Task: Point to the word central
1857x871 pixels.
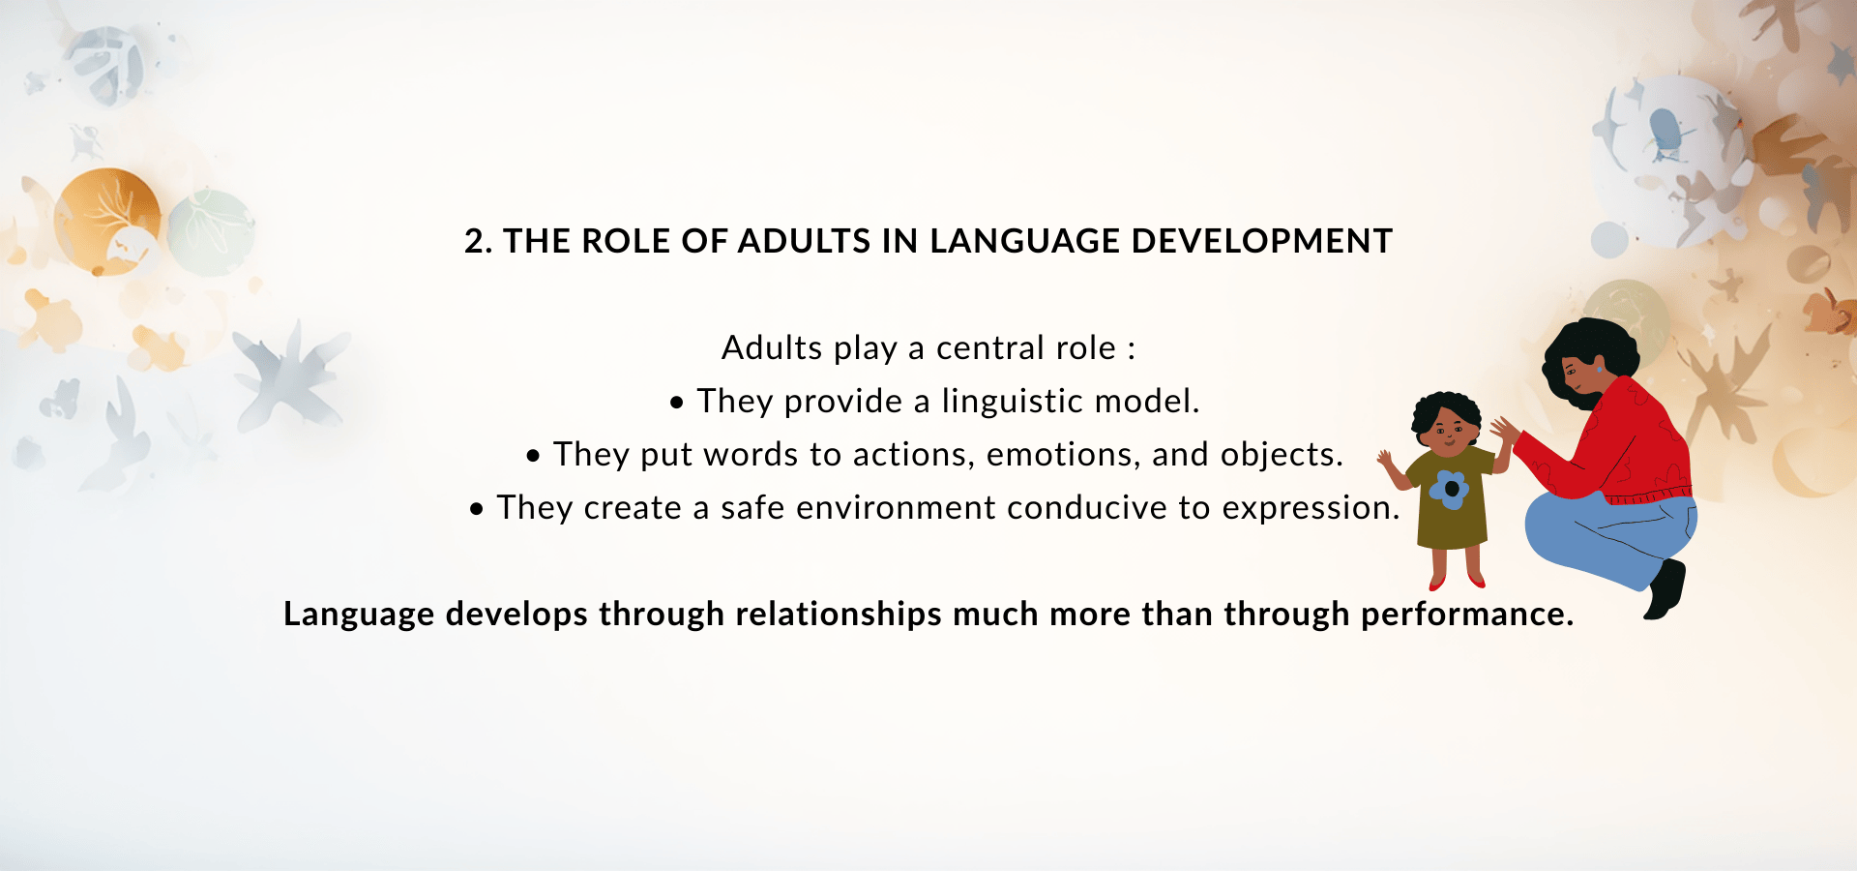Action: (x=990, y=347)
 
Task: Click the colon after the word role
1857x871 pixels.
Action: (x=1131, y=350)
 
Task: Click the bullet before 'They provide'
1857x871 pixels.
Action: (x=677, y=403)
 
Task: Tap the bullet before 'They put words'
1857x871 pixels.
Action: (x=533, y=456)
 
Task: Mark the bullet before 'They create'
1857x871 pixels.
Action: (x=476, y=509)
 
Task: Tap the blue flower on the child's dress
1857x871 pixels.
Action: (x=1450, y=490)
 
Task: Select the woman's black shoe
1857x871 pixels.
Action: (x=1665, y=588)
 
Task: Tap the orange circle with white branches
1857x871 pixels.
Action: (x=106, y=221)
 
